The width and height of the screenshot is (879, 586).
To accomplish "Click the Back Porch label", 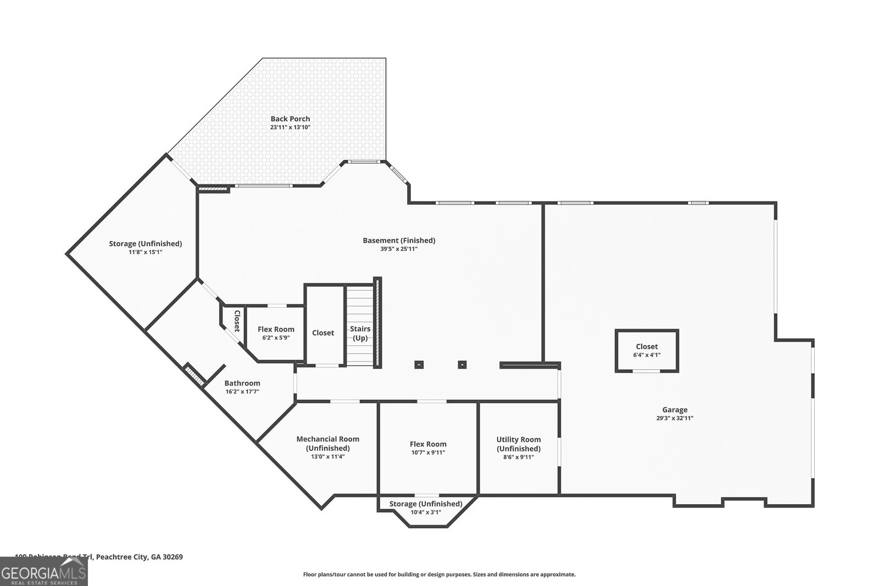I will pos(290,119).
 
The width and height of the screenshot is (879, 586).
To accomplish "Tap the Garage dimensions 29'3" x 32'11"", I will pos(675,418).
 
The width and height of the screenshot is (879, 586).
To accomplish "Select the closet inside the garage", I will pos(647,350).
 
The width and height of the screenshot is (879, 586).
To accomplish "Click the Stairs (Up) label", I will pos(360,333).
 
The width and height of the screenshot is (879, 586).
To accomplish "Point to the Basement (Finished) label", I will pos(399,240).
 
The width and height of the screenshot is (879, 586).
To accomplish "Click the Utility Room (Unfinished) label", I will pos(519,444).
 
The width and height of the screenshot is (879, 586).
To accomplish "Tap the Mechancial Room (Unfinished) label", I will pos(328,443).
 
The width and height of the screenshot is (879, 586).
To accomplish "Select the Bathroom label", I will pos(242,383).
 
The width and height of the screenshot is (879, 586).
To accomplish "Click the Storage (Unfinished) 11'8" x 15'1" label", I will pos(146,247).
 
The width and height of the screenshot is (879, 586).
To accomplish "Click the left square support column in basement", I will pos(419,364).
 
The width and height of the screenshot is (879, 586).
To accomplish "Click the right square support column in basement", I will pos(463,364).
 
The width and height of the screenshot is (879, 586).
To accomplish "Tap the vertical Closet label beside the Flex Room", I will pos(237,321).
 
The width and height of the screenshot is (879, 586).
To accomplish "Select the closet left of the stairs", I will pos(323,333).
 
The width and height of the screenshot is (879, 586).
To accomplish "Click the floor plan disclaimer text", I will pos(439,574).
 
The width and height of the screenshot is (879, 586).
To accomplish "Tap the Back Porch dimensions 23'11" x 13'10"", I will pos(290,127).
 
